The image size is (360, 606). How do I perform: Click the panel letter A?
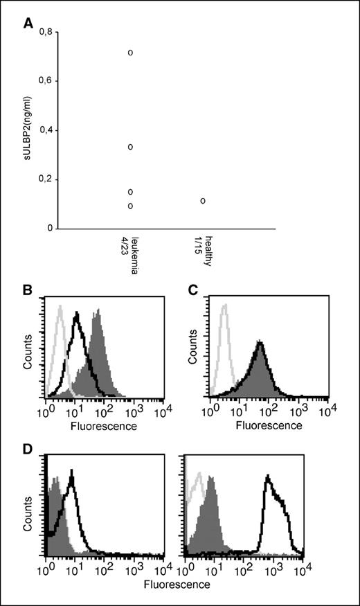pyautogui.click(x=28, y=23)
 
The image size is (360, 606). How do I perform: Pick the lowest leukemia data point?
pyautogui.click(x=130, y=206)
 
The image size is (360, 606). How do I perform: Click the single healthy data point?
pyautogui.click(x=203, y=201)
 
